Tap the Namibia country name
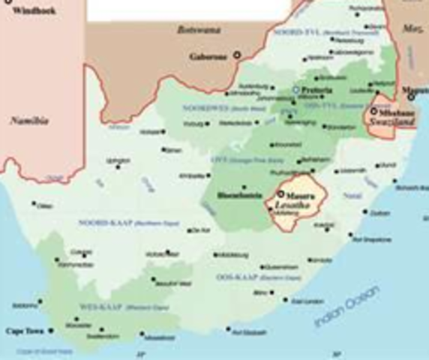[28, 120]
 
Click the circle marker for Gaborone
[238, 55]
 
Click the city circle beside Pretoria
[295, 90]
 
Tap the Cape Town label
[22, 331]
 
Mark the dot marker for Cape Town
[51, 331]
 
